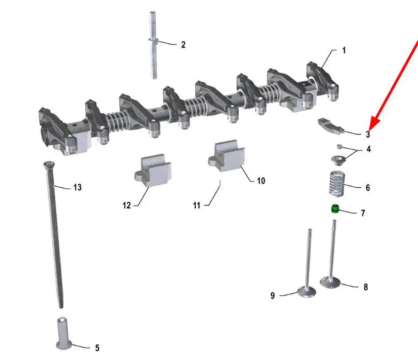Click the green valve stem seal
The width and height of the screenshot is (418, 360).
335,208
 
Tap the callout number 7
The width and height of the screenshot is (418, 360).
363,213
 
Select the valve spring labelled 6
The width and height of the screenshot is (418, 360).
337,184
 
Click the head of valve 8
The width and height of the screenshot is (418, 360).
330,282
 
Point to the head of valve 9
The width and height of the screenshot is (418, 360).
306,291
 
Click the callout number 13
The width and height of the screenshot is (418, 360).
78,187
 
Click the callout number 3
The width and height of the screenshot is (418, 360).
368,134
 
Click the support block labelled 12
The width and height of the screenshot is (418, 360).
153,170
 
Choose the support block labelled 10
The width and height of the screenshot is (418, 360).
227,156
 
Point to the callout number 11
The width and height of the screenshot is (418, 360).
196,205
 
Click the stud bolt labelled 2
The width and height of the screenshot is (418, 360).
153,45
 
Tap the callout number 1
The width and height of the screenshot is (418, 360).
344,50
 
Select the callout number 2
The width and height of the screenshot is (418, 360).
183,44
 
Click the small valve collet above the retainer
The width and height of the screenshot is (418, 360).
339,146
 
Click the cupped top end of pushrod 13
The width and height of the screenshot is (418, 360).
49,164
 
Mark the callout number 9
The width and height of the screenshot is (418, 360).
272,296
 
